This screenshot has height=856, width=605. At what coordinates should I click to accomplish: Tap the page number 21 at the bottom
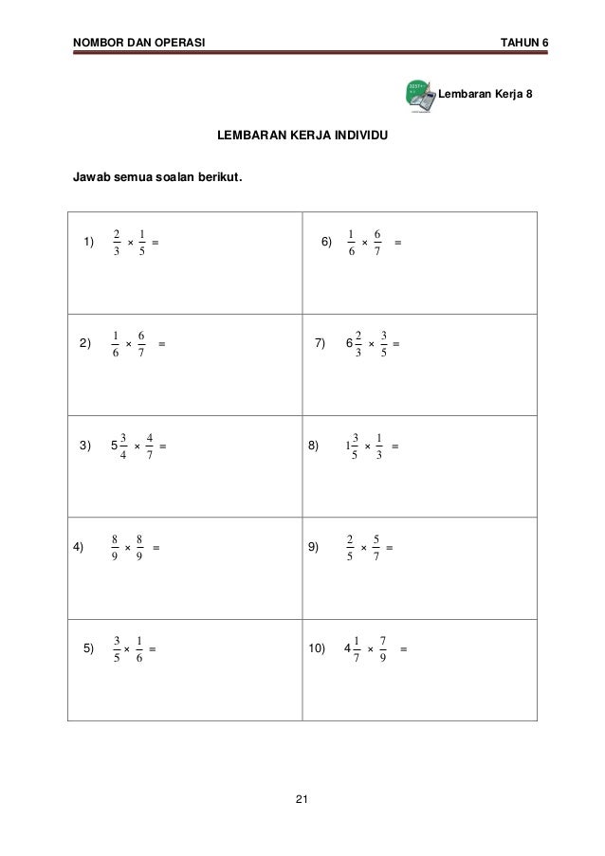(302, 802)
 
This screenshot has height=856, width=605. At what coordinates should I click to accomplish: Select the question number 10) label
(317, 649)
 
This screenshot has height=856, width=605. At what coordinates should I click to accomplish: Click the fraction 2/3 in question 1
(116, 243)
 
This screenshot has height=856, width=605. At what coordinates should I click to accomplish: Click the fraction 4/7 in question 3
(151, 445)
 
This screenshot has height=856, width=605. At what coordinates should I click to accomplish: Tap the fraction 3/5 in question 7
(383, 343)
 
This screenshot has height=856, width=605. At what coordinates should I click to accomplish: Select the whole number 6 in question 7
(349, 343)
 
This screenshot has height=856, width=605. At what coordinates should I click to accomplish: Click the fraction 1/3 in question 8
(378, 445)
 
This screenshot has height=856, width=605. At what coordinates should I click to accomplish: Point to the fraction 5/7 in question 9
(376, 548)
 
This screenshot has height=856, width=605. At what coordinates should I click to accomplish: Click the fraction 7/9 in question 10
(382, 649)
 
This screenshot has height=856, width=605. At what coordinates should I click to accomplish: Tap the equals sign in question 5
(153, 649)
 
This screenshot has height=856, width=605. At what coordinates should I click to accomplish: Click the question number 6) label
(326, 243)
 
